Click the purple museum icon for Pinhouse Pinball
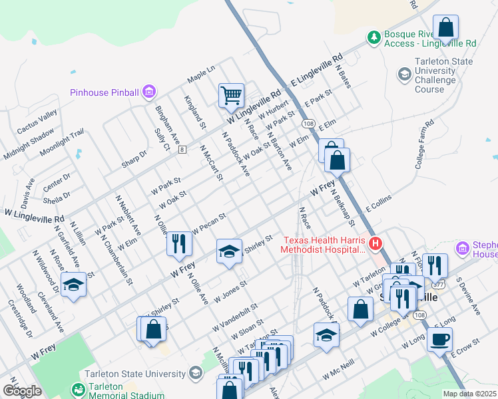click(149, 92)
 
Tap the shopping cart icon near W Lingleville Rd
click(231, 94)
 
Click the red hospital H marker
click(375, 244)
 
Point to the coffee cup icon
click(439, 340)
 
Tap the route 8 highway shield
click(182, 150)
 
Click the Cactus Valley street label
click(37, 124)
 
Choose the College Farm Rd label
click(424, 144)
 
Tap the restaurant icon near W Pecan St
click(178, 244)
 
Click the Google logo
click(22, 390)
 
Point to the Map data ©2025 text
click(469, 394)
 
